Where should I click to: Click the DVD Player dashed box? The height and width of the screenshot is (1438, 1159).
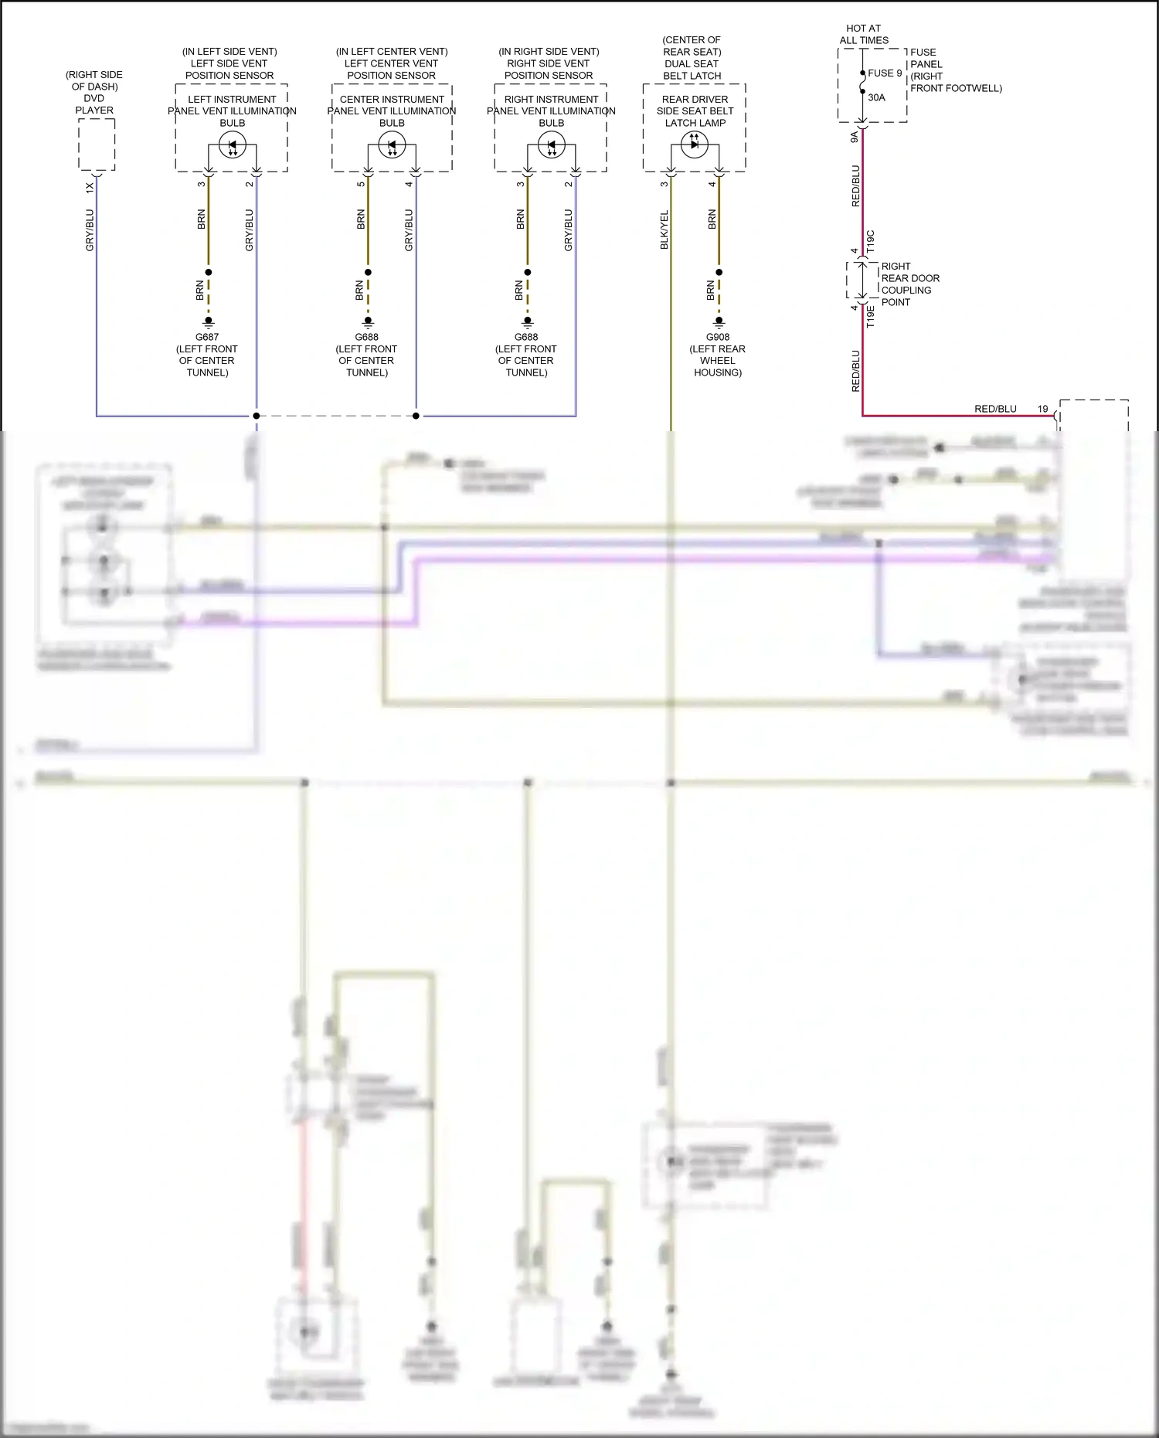97,144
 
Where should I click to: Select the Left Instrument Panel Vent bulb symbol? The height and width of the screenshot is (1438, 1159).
233,145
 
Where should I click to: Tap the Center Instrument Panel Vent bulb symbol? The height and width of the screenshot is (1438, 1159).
392,145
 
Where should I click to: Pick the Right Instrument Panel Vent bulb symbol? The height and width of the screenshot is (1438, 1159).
552,145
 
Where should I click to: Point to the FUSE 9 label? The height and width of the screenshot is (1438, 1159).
885,73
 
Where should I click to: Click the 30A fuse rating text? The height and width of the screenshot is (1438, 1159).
876,97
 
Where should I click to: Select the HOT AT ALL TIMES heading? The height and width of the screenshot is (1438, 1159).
864,34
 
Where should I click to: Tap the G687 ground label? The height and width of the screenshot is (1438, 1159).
207,337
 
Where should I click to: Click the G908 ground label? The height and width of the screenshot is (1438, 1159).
718,337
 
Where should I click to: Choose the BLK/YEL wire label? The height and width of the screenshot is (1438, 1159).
664,229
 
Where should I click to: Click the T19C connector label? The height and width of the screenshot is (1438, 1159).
871,241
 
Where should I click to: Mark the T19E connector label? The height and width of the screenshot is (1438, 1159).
871,317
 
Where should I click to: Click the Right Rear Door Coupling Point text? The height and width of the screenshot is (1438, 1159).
909,284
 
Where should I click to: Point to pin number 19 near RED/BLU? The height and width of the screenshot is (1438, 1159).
1042,409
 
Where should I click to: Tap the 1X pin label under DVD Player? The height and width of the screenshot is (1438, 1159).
90,187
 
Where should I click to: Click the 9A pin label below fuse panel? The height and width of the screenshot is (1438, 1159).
855,137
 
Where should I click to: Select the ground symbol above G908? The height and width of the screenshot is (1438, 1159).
719,321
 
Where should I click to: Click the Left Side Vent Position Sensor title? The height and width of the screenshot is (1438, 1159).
229,63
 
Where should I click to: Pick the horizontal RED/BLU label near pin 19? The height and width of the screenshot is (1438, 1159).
995,409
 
